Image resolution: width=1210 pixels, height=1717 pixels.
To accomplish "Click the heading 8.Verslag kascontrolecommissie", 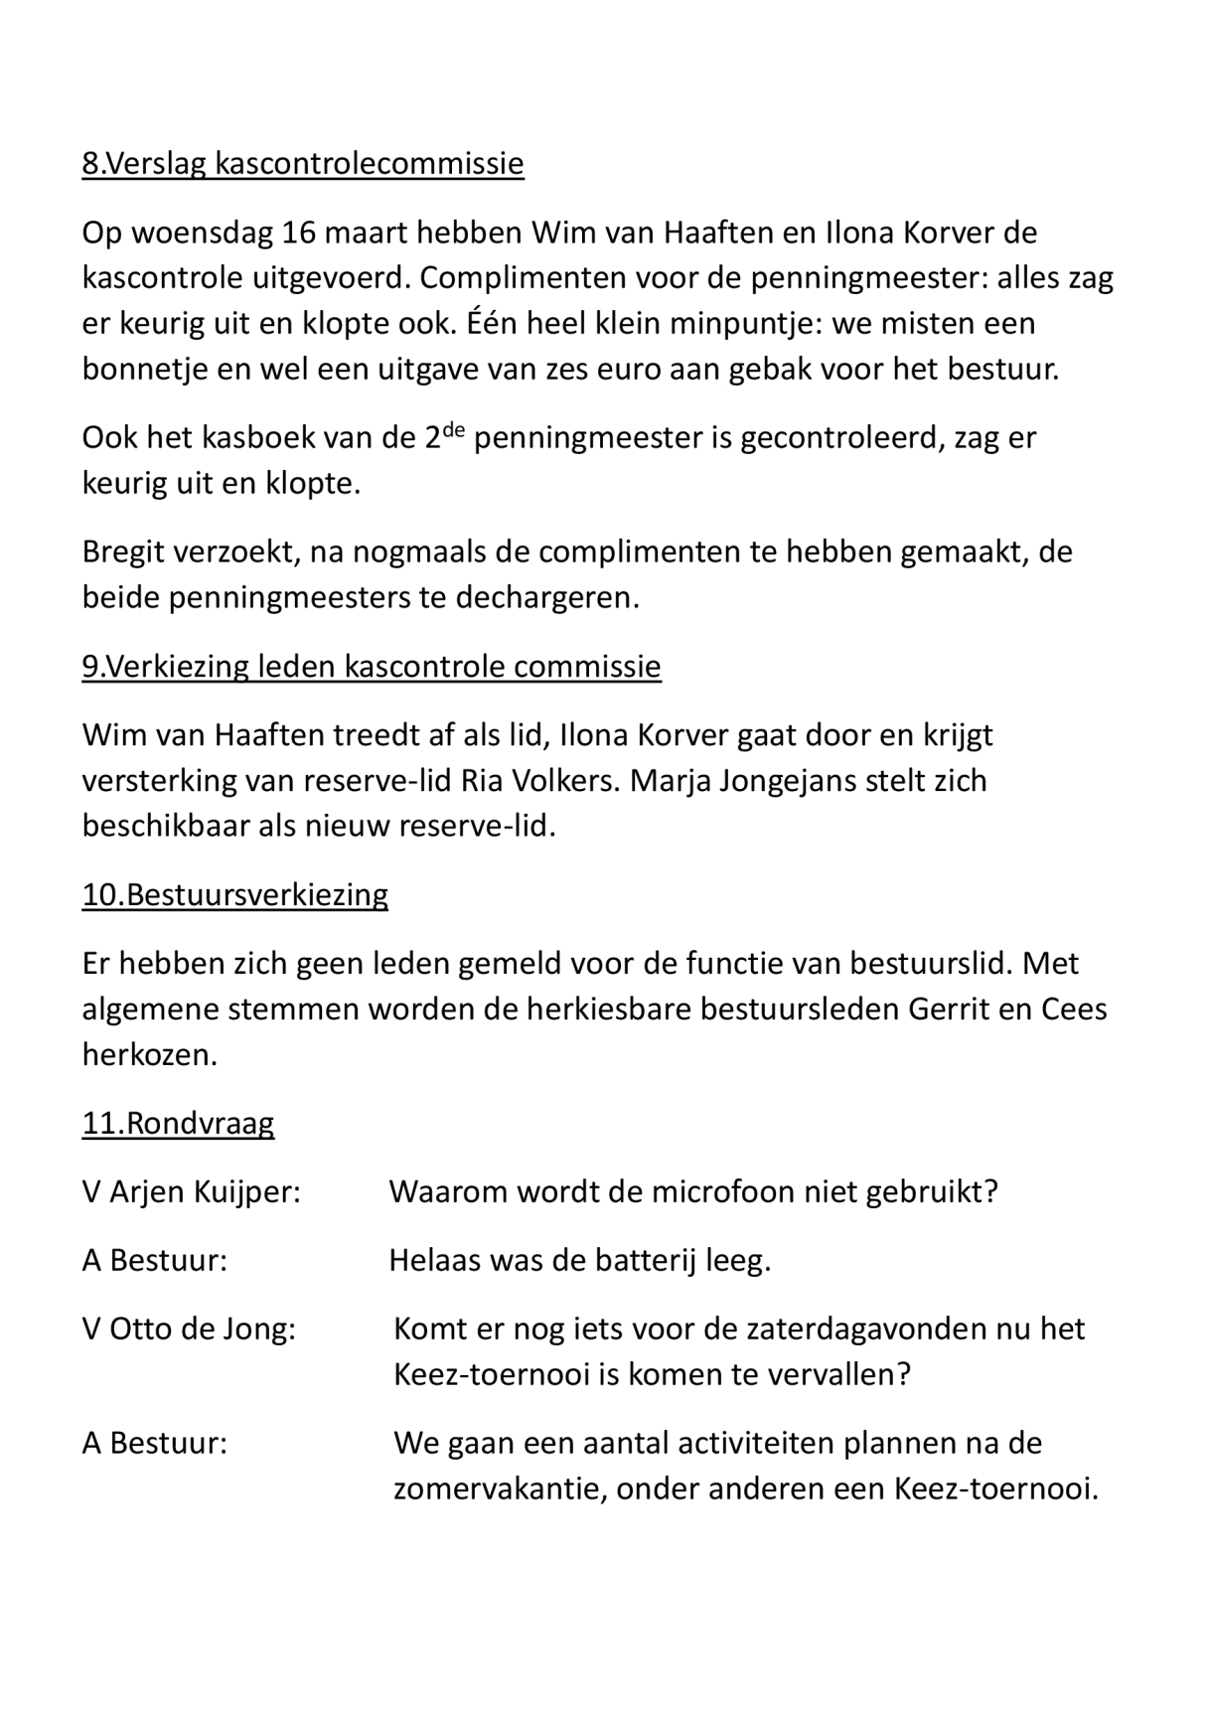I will coord(302,163).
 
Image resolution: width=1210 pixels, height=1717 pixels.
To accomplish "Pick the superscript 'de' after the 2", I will coord(453,428).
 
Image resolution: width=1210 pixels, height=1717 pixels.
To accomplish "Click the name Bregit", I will coord(124,551).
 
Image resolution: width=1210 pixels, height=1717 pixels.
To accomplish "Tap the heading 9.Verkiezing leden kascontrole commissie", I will coord(371,666).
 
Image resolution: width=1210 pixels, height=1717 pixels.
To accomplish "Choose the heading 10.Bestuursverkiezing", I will coord(234,894).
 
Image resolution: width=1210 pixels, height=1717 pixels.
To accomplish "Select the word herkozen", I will coord(149,1055).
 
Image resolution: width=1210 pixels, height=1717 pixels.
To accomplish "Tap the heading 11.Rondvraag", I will coord(178,1124).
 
